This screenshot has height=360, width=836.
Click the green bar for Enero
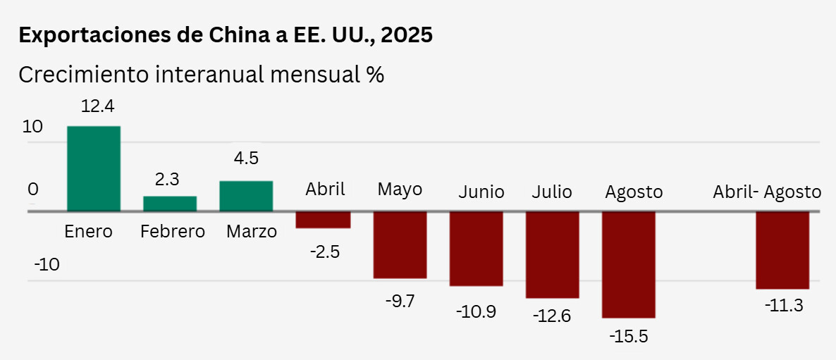(94, 168)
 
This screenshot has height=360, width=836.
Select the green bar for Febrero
(170, 204)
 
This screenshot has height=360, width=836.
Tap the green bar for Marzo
(246, 196)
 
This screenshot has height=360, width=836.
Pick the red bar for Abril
(323, 220)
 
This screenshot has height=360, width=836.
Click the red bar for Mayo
(400, 244)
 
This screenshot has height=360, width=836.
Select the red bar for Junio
(476, 249)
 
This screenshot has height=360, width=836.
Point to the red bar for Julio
(552, 254)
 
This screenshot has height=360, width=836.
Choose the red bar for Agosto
(628, 264)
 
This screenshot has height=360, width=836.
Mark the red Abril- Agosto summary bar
(782, 250)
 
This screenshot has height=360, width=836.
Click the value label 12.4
(98, 107)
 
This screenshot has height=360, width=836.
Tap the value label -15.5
(628, 335)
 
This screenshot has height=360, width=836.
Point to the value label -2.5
(325, 251)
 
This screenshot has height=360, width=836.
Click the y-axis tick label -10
(47, 265)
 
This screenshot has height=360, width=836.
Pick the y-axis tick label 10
(32, 128)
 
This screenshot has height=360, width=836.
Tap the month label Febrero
(172, 231)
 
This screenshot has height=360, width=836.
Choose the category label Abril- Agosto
(767, 192)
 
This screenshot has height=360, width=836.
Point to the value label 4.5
(246, 158)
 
